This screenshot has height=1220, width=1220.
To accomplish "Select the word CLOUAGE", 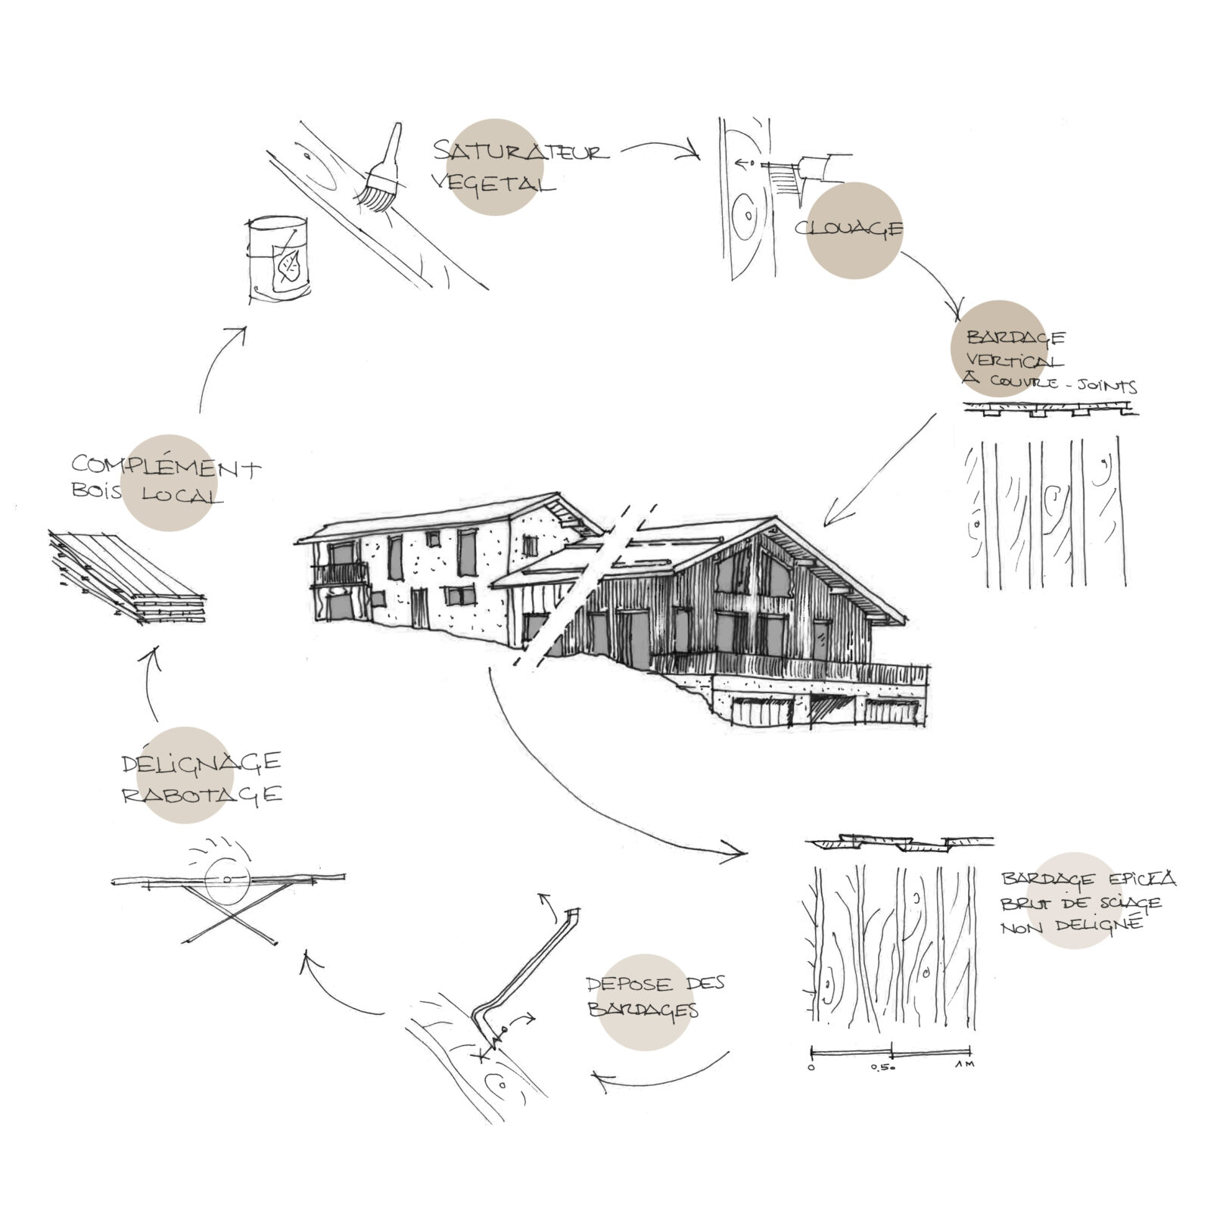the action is click(848, 228).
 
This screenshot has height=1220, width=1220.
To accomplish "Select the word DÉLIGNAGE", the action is click(201, 762).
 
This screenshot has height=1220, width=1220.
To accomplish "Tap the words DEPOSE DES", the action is click(655, 984).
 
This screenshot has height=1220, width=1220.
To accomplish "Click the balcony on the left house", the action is click(341, 573).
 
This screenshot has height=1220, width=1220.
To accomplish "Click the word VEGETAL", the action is click(493, 182).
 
